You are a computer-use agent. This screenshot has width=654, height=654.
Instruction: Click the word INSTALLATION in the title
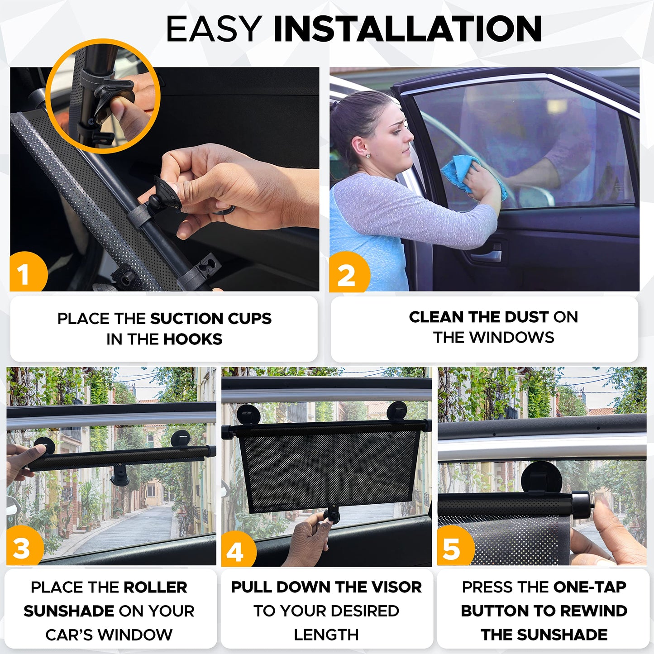click(407, 29)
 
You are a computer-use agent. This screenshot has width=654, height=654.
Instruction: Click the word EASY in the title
click(214, 29)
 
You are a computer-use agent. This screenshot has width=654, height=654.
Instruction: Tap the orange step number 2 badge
click(347, 274)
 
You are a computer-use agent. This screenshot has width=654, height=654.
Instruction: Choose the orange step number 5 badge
click(453, 549)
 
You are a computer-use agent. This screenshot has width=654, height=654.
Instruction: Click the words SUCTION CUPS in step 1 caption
click(210, 319)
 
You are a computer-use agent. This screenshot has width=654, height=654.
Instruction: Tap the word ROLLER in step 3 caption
click(155, 587)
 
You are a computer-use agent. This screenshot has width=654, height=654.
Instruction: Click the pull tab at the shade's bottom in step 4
click(332, 515)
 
